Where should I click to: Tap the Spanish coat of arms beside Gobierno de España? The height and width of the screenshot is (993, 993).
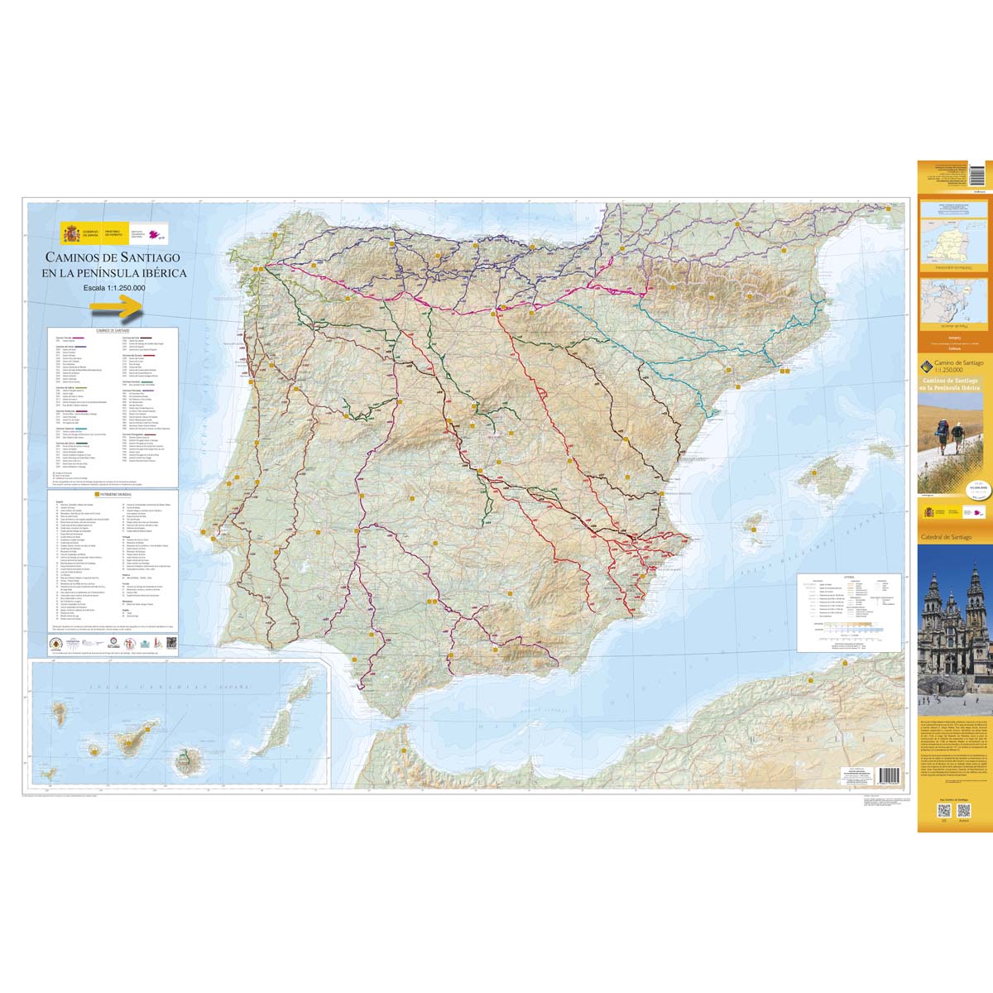tap(69, 234)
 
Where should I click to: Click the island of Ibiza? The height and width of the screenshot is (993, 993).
tap(755, 523)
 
